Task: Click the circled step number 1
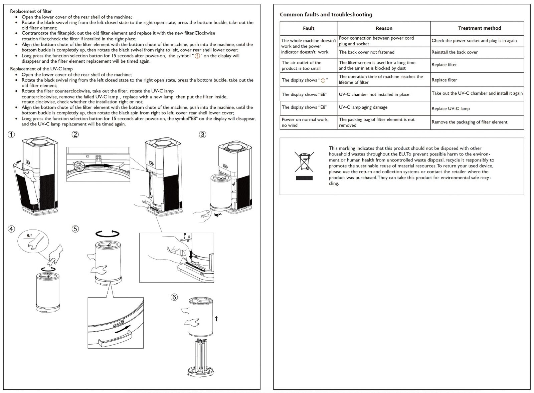tap(11, 134)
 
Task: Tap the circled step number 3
tap(202, 134)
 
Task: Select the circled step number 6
tap(174, 297)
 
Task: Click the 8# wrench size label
tap(29, 236)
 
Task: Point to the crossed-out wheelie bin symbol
tap(304, 161)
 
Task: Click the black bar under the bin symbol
tap(304, 178)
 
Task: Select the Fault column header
tap(308, 28)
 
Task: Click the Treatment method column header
tap(479, 28)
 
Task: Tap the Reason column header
tap(384, 28)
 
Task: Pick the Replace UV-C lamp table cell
tap(451, 108)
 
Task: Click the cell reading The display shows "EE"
tap(304, 94)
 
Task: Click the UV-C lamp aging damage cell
tap(363, 107)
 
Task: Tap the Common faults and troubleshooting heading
tap(326, 15)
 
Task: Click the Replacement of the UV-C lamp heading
tap(41, 69)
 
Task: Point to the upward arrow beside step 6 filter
tap(216, 319)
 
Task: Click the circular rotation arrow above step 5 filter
tap(108, 233)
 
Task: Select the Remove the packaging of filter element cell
tap(469, 122)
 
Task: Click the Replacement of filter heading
tap(31, 11)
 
